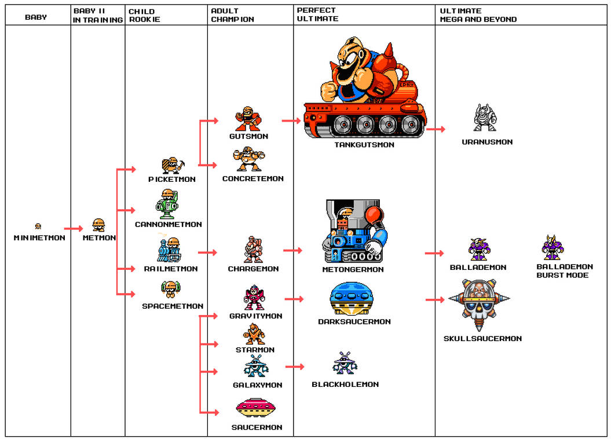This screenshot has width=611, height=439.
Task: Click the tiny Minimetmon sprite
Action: coord(38,226)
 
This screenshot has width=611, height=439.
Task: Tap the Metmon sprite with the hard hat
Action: coord(99,225)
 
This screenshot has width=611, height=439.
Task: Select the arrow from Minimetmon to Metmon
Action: coord(74,229)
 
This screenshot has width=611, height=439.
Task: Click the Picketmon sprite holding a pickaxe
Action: coord(171,166)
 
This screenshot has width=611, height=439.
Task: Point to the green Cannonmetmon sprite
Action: coord(167,204)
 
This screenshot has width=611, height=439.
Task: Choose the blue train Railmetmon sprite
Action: coord(169,250)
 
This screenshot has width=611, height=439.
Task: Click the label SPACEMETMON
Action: coord(173,306)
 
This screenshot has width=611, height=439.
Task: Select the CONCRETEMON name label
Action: coord(253,178)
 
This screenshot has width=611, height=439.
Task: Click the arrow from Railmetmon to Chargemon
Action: coord(207,253)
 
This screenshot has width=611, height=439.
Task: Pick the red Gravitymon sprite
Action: coord(254,298)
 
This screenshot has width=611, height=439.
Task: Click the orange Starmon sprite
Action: coord(254,334)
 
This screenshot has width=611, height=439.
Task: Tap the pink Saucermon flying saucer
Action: coord(255,409)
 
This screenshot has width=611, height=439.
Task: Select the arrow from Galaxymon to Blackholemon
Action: coord(295,367)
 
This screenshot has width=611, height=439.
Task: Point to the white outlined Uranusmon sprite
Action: coord(485,118)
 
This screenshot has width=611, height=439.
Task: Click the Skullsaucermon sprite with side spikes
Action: coord(479,303)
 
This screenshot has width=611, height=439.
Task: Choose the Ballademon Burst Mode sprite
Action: coord(553,248)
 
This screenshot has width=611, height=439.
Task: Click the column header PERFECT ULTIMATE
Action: coord(317,14)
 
